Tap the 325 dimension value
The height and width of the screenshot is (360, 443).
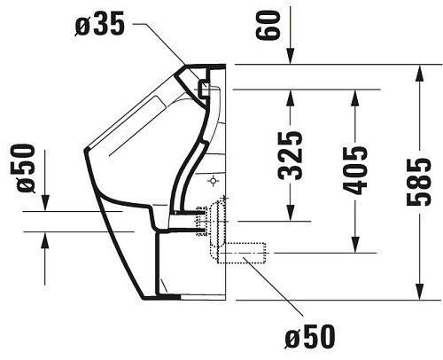coord(294,155)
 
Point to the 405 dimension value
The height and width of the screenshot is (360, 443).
coord(356,168)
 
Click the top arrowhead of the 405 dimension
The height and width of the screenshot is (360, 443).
coord(355,96)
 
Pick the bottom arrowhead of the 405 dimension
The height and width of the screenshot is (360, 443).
coord(355,249)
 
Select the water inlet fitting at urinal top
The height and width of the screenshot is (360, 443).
coord(205,88)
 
